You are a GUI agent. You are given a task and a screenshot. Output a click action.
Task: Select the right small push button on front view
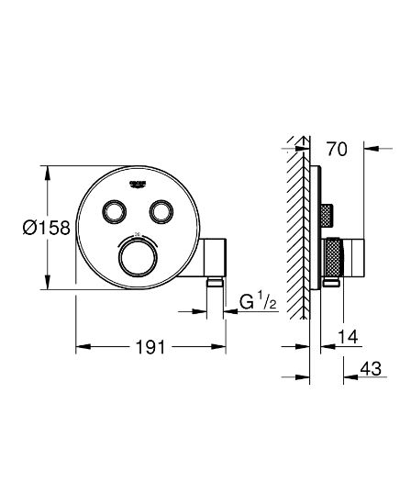(x=161, y=211)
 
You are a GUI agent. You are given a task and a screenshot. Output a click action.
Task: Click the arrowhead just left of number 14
(x=324, y=345)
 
